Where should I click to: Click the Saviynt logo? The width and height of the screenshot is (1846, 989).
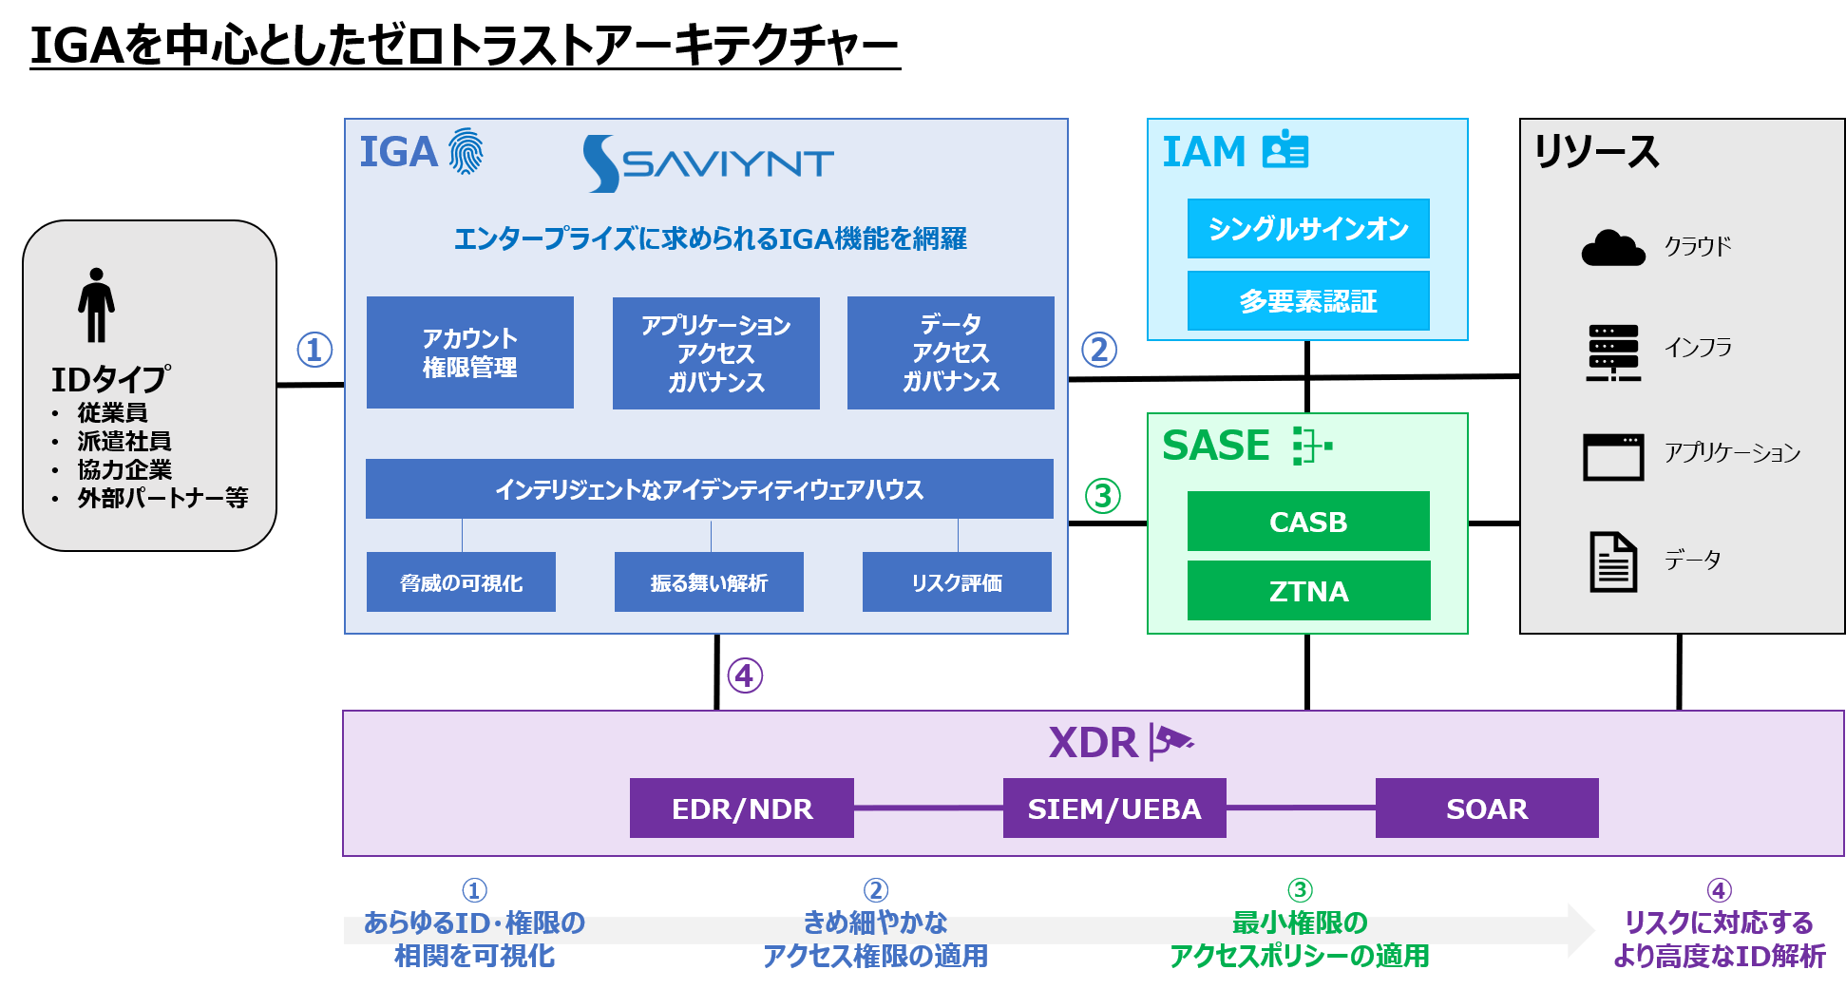tap(708, 163)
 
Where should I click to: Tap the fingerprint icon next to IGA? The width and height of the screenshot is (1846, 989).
tap(466, 152)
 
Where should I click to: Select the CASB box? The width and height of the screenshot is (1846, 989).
tap(1308, 522)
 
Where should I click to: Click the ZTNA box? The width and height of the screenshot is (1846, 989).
tap(1308, 591)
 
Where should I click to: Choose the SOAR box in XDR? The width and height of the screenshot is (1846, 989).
tap(1486, 808)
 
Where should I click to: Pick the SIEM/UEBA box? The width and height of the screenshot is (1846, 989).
tap(1113, 808)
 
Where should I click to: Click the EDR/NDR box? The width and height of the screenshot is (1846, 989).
tap(741, 808)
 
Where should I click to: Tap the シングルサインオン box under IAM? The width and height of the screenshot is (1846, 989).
tap(1308, 229)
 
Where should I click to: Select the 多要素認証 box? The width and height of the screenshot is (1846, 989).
tap(1308, 301)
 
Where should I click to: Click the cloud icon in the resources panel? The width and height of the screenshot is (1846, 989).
tap(1612, 248)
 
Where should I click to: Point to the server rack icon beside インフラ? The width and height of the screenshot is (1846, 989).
tap(1612, 352)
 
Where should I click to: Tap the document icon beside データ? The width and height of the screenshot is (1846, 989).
tap(1612, 561)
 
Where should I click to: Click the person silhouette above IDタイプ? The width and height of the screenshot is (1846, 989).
tap(96, 305)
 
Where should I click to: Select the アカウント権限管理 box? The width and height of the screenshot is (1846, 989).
tap(469, 352)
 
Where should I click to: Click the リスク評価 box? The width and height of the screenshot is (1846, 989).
tap(956, 582)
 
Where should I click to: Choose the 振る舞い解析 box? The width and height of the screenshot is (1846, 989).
tap(709, 582)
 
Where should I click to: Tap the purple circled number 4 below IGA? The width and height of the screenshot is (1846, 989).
tap(745, 675)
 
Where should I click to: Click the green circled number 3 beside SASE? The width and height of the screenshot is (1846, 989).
tap(1102, 495)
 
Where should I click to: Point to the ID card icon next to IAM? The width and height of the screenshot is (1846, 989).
tap(1285, 150)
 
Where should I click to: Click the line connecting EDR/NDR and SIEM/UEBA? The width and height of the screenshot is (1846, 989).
tap(928, 808)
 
